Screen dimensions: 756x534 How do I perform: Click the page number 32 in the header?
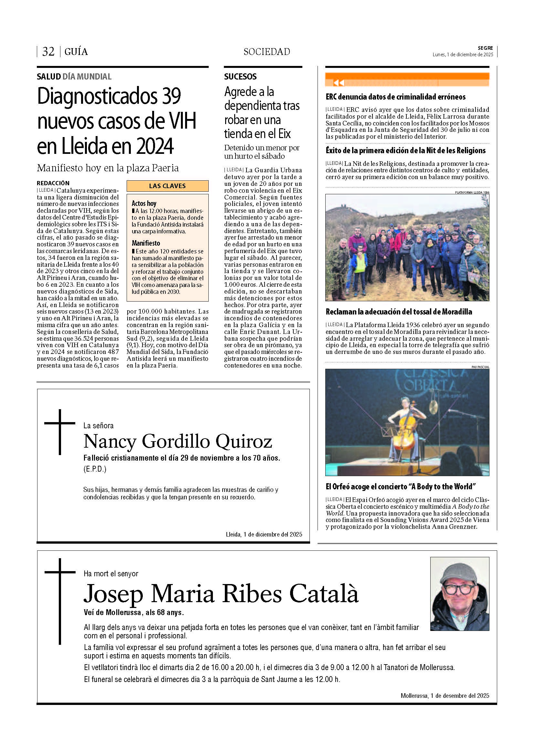click(x=48, y=52)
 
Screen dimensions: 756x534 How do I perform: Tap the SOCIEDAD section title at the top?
click(x=267, y=52)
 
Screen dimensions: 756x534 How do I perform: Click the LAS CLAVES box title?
click(x=167, y=186)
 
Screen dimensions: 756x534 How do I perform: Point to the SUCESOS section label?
click(x=240, y=77)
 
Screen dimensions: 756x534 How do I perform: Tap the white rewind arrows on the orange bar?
click(x=339, y=83)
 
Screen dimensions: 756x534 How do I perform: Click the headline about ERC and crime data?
click(x=395, y=97)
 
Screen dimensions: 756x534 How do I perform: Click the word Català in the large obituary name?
click(x=324, y=594)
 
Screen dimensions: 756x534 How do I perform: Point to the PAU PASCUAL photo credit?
click(x=480, y=367)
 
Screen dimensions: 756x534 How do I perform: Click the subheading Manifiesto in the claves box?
click(x=146, y=243)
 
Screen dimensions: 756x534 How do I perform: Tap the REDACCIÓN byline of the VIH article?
click(x=53, y=183)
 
